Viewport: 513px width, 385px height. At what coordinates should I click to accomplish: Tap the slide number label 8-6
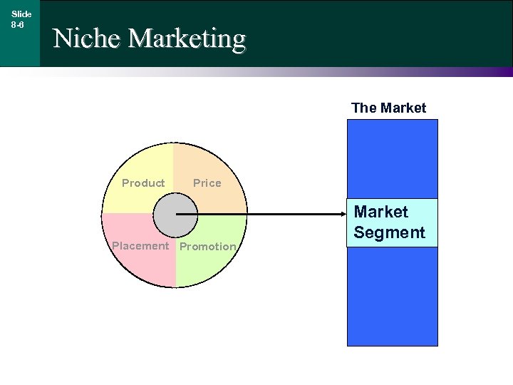click(x=18, y=24)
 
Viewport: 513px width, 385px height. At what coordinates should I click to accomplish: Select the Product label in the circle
click(x=143, y=183)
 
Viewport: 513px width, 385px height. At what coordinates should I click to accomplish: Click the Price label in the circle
click(x=207, y=183)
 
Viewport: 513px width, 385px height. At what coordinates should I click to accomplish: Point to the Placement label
click(x=140, y=246)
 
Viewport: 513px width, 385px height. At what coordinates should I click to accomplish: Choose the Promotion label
click(x=207, y=247)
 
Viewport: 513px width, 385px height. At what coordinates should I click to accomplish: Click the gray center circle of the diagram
click(x=175, y=215)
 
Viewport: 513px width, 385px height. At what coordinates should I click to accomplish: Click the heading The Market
click(x=388, y=108)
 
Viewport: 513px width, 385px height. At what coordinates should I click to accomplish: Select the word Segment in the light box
click(x=389, y=232)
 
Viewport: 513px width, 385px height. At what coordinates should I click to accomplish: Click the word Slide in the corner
click(x=21, y=14)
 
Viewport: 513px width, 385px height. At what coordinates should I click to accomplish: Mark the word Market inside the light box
click(x=381, y=212)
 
